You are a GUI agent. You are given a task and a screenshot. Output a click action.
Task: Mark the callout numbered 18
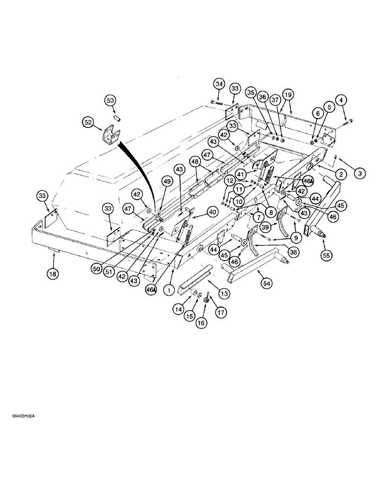[x=53, y=273]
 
